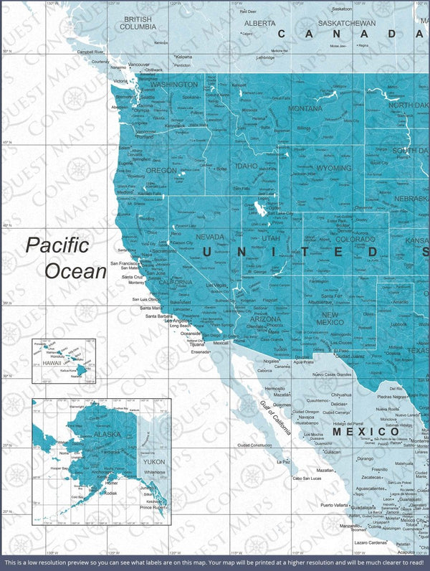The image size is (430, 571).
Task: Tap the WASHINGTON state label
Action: point(173,85)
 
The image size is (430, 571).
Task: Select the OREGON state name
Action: point(161,171)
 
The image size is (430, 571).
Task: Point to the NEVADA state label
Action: point(210,237)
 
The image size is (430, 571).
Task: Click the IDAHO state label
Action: point(246,166)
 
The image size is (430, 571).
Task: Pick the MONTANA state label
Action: point(305,108)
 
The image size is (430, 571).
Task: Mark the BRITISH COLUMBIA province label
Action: point(138,23)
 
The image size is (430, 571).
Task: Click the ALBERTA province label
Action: point(259,23)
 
